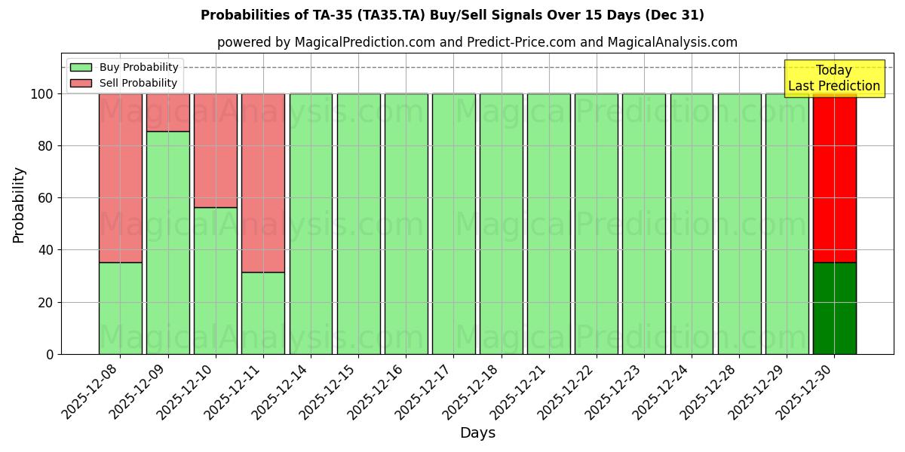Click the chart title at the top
point(452,15)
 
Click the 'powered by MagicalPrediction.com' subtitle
point(477,42)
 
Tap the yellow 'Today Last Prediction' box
point(833,78)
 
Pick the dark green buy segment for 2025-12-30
point(834,308)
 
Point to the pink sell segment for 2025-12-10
point(216,151)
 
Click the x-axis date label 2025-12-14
point(278,392)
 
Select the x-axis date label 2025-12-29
point(755,392)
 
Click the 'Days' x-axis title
point(477,433)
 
